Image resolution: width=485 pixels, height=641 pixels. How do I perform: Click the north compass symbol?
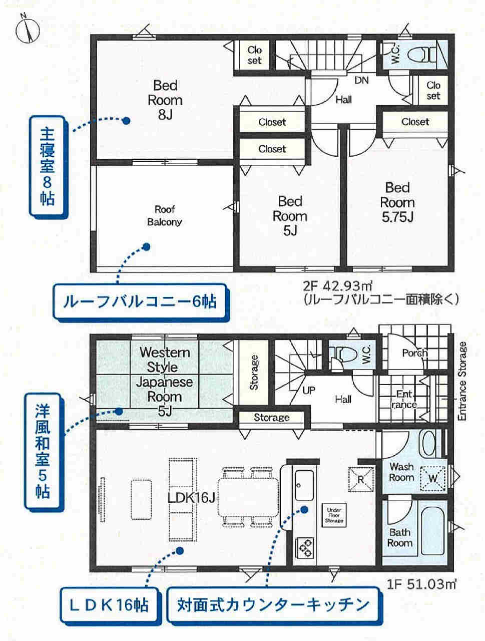(27, 29)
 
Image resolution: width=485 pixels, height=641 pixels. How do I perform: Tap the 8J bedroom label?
(165, 100)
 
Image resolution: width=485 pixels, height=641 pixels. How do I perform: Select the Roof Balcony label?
(165, 216)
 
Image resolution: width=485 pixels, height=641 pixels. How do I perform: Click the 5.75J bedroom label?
(397, 202)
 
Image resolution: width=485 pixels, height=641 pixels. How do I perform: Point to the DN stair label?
(361, 80)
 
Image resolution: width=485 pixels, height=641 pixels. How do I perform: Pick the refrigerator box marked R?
(361, 480)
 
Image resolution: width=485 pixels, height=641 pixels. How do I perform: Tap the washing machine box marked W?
(433, 478)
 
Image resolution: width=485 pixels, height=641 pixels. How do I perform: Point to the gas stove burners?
(305, 548)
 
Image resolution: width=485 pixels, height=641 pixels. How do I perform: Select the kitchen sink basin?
(304, 485)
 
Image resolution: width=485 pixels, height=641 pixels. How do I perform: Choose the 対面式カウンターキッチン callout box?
(273, 604)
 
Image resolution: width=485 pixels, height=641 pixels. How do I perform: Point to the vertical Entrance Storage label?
(462, 382)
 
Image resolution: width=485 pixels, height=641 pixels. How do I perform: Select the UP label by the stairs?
(309, 390)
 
